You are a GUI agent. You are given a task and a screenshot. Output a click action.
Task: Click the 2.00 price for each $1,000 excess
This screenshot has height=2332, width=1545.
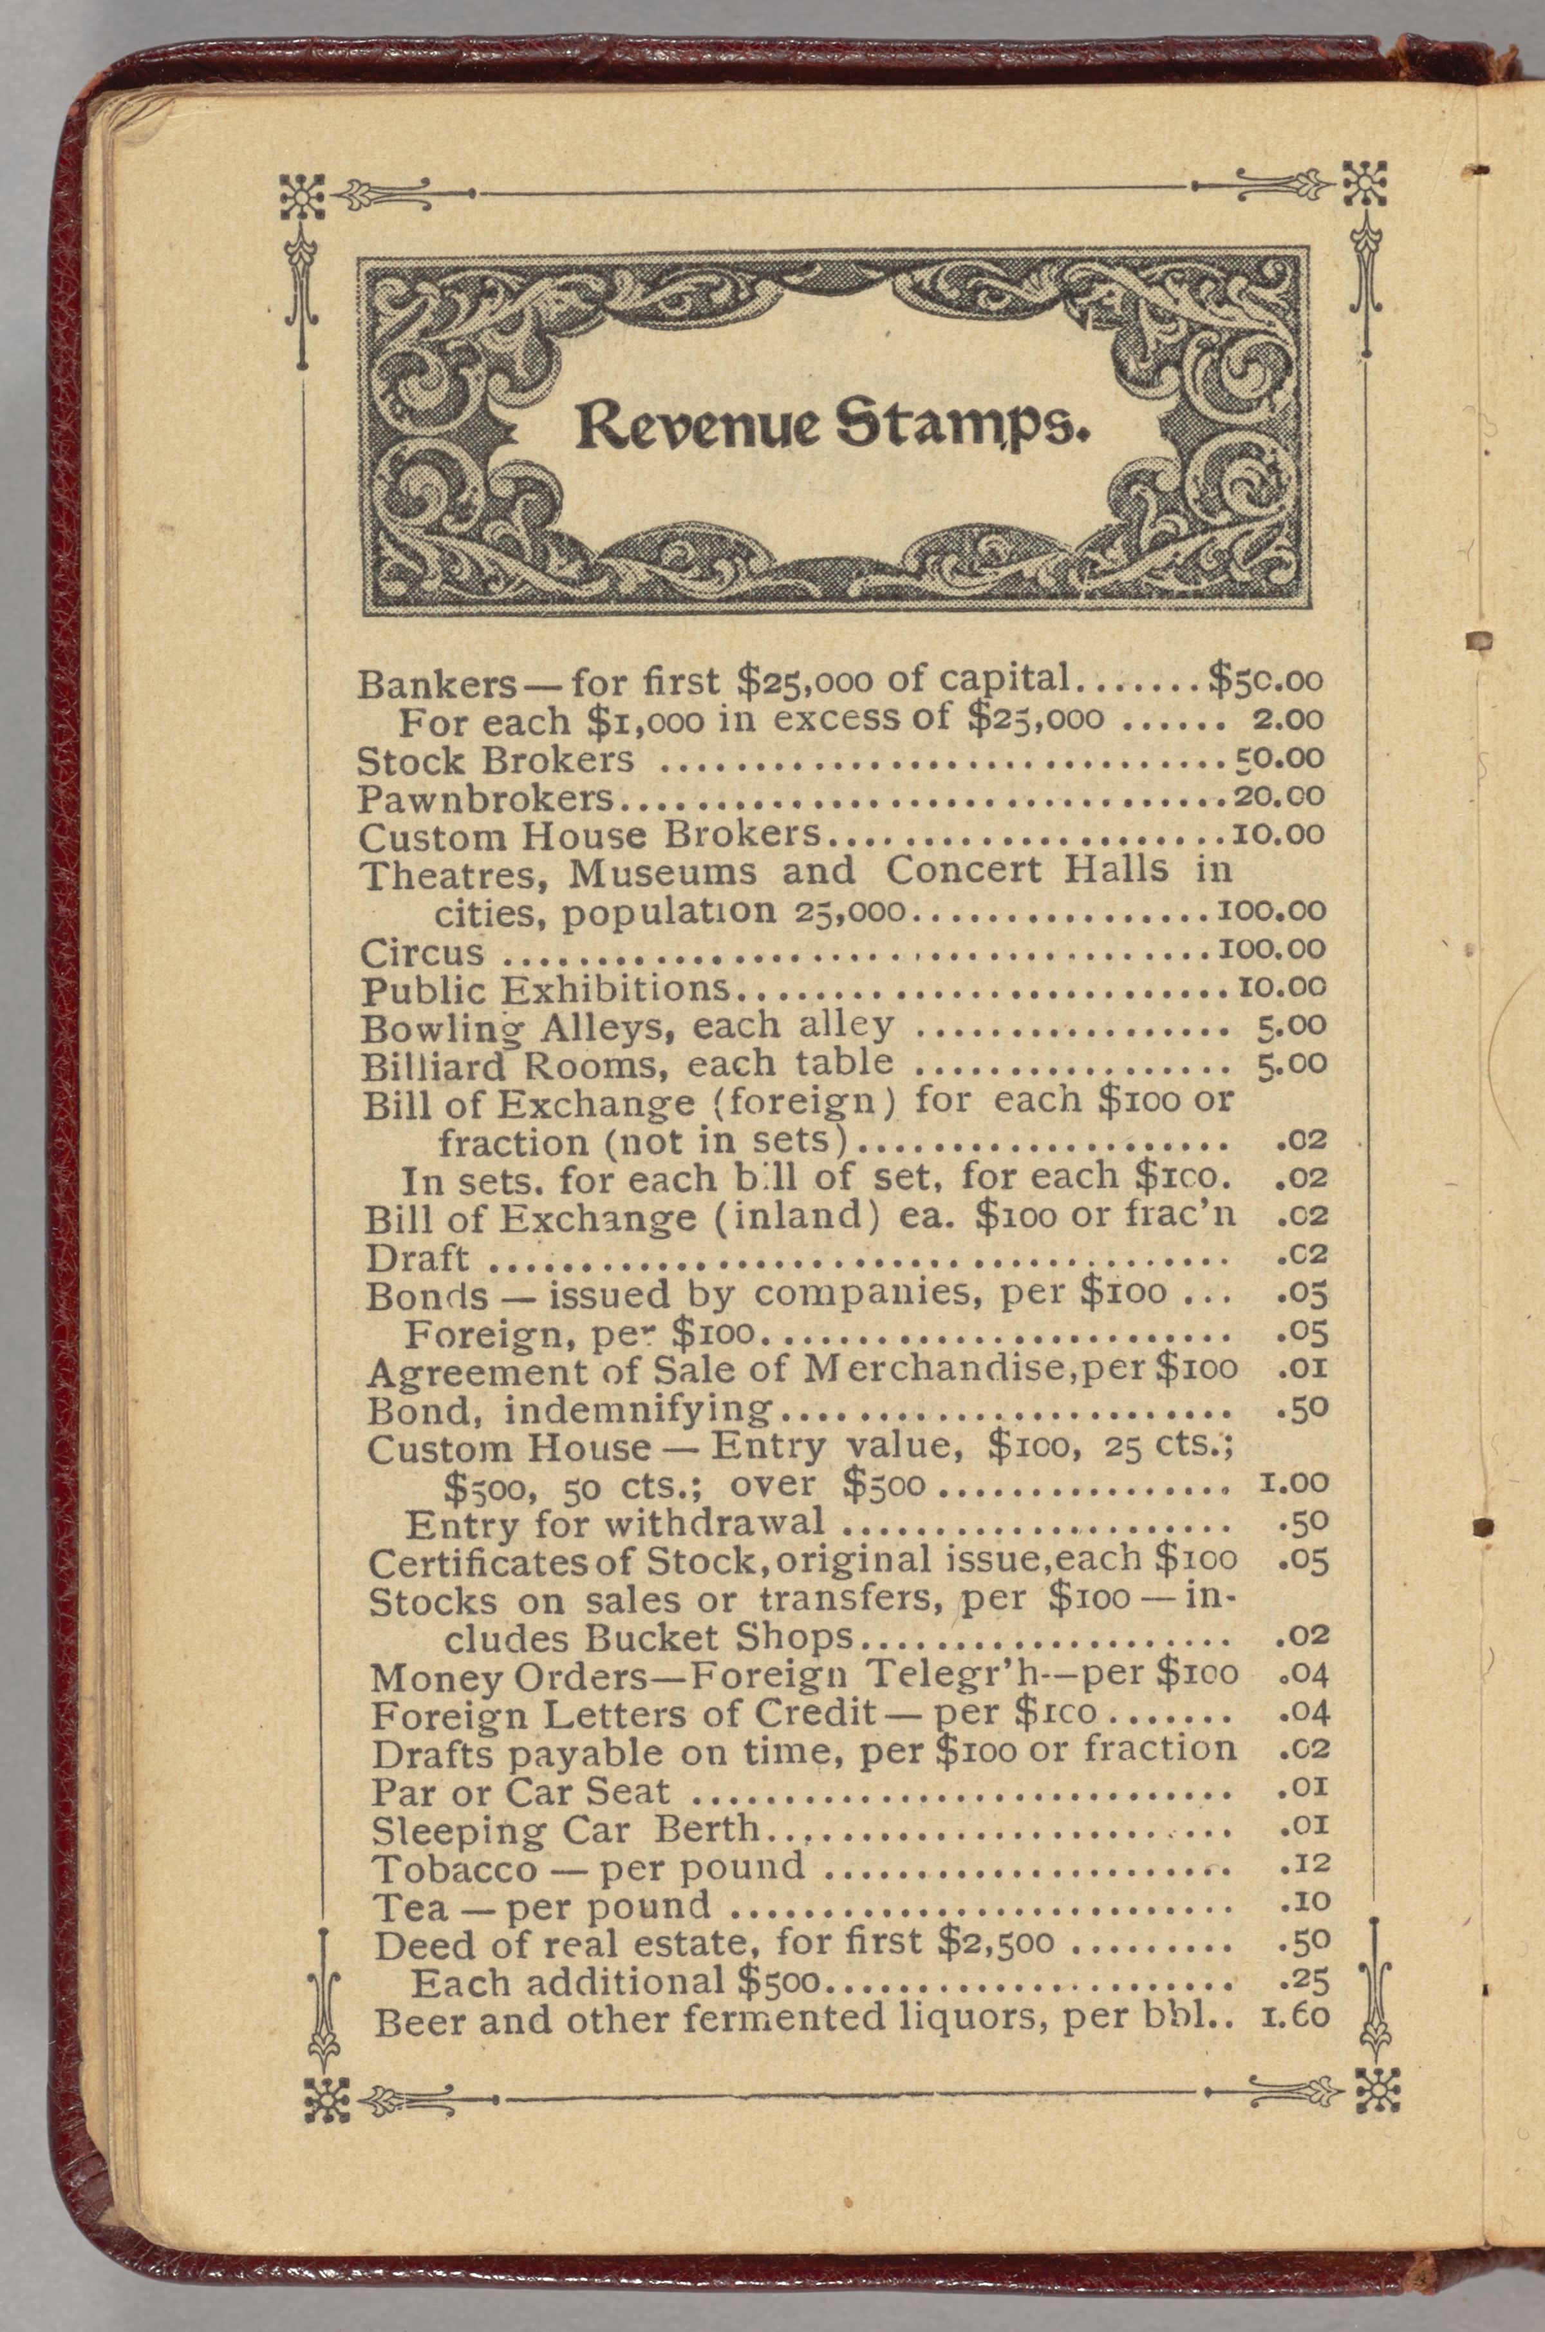click(1287, 719)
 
